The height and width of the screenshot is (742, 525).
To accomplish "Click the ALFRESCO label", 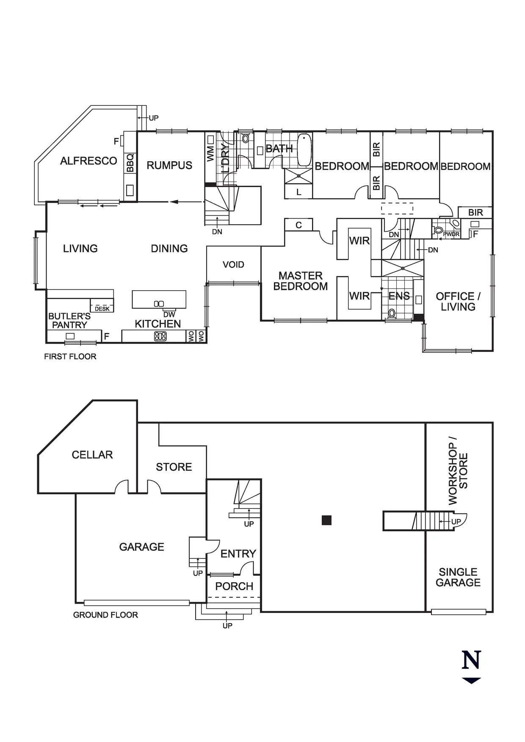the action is [88, 161].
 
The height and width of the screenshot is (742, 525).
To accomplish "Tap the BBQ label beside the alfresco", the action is [130, 163].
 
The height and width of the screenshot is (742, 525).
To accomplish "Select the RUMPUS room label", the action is [169, 165].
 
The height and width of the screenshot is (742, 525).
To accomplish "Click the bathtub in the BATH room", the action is [304, 150].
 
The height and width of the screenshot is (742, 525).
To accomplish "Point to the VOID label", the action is [233, 265].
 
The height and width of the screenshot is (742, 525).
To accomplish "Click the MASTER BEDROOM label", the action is [301, 281].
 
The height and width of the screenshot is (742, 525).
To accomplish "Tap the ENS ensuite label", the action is [399, 296].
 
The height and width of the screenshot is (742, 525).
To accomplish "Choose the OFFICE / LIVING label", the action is [458, 302].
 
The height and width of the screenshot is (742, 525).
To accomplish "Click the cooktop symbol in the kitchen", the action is [160, 336].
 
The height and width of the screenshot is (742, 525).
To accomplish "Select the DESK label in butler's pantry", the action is [102, 309].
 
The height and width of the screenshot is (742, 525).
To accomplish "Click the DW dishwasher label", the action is [169, 315].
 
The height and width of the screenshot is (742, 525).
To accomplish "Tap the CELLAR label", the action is [92, 455].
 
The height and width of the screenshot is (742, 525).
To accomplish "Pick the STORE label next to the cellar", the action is [174, 467].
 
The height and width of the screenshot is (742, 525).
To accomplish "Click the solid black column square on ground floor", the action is [326, 520].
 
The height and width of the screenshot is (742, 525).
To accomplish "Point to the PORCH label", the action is [234, 586].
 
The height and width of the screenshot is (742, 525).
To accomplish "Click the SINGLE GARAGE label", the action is [458, 577].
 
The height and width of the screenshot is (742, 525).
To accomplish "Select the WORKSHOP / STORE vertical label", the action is [458, 474].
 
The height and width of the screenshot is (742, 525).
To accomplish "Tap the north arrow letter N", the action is [471, 660].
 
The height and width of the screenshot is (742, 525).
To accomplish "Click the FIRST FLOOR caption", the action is [70, 357].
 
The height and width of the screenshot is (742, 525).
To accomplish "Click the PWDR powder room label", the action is [451, 234].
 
